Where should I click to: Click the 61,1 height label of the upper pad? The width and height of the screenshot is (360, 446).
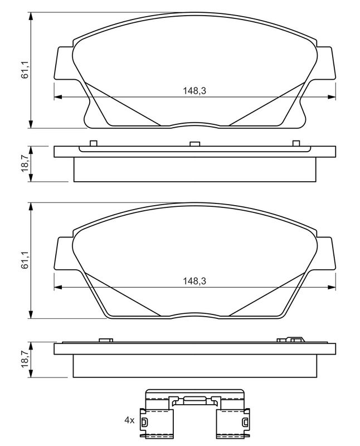pos(25,71)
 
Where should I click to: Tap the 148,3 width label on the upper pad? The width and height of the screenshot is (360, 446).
pos(194,91)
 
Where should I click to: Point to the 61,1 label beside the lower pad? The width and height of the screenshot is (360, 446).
pos(25,261)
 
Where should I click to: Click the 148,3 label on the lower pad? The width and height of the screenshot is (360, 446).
pos(194,281)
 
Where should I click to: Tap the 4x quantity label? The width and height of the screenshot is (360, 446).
pos(129,420)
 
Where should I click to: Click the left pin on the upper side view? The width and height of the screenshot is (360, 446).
pos(93,143)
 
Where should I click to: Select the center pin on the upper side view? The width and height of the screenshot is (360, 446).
pos(195,144)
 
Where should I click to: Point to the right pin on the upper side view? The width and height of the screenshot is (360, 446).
pos(296,143)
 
